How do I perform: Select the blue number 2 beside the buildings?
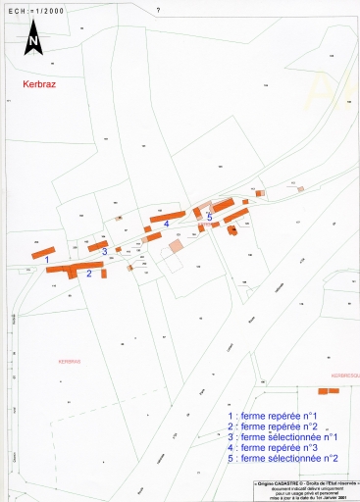tap(89, 275)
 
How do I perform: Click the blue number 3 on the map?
tap(104, 252)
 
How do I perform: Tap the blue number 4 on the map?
tap(167, 224)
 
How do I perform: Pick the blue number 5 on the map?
tap(209, 218)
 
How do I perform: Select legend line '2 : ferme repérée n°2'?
tap(274, 427)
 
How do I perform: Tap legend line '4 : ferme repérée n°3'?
tap(274, 447)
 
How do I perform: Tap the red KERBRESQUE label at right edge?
tap(345, 376)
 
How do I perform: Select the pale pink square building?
tap(176, 245)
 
